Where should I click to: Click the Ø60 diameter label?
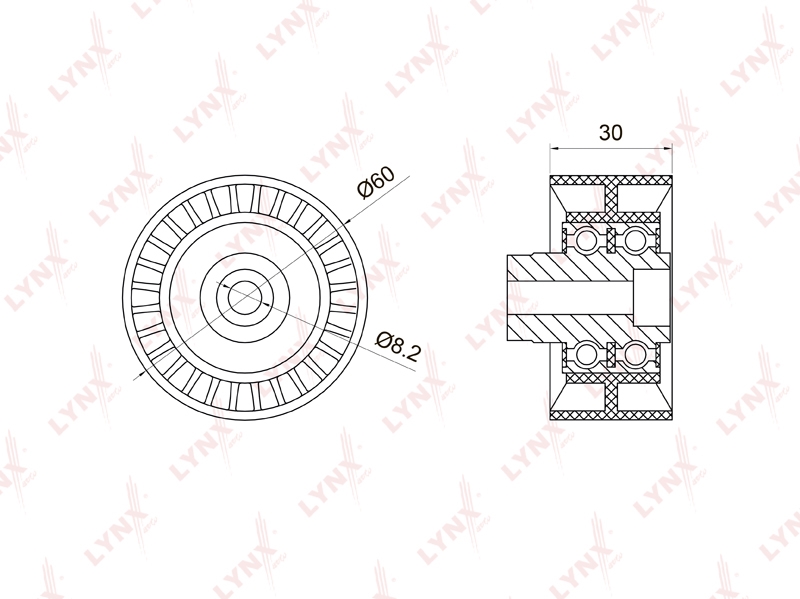coord(377,182)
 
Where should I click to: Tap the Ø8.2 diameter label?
coord(398,346)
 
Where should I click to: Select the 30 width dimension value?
coord(610,133)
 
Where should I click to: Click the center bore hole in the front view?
coord(244,298)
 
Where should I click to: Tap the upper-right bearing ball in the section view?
coord(635,240)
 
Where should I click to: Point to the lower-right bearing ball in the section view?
coord(635,354)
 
